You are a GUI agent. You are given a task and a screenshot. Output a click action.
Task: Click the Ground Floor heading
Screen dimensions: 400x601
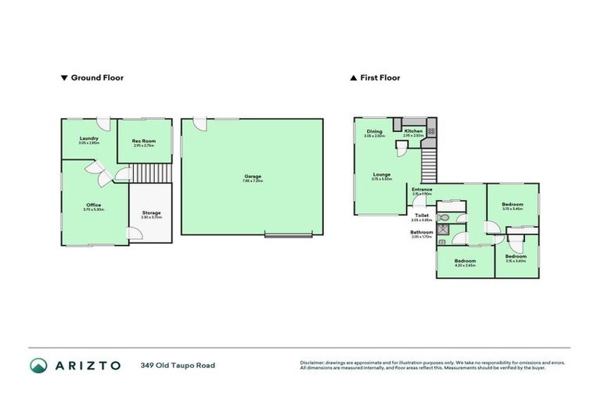pos(96,78)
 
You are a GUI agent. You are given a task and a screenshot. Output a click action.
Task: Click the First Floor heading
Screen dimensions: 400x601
pos(380,78)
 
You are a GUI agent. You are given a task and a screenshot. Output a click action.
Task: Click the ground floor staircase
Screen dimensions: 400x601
pos(149,173)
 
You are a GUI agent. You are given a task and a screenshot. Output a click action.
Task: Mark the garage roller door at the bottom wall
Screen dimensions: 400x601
pos(288,234)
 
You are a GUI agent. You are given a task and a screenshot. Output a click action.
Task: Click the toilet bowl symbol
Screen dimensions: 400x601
pos(444,217)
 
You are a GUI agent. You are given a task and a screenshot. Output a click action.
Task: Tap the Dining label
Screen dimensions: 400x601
pos(374,132)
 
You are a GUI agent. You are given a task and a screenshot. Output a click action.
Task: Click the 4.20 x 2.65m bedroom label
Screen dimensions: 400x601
pos(465,262)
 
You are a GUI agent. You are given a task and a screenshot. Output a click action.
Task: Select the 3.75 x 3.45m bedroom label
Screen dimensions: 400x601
pos(513,205)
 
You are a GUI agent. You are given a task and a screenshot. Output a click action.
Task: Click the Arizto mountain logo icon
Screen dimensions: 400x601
pos(38,365)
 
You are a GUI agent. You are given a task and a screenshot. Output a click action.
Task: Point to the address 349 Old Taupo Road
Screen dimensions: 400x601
pos(178,365)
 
